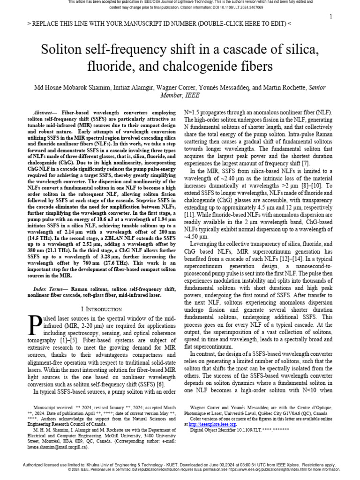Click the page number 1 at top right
click(x=331, y=17)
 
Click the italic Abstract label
click(x=43, y=113)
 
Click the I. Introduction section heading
click(x=101, y=309)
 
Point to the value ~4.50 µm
click(x=197, y=237)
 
